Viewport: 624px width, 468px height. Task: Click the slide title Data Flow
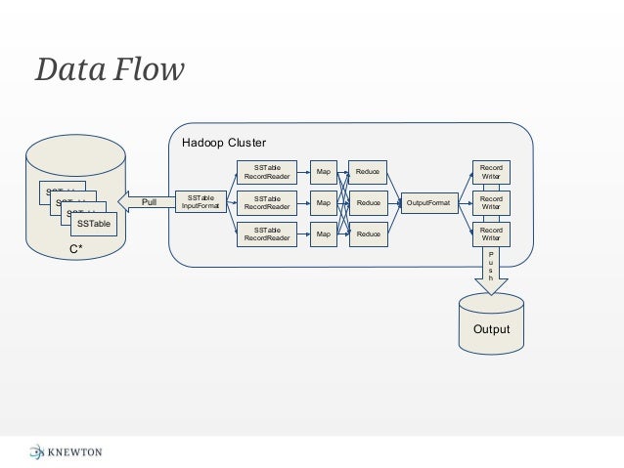[110, 70]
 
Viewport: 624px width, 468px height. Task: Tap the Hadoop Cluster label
[224, 143]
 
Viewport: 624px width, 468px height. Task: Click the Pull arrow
[145, 202]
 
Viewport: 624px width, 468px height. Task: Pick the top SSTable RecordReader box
[267, 172]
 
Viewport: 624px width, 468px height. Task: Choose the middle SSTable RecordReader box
[267, 203]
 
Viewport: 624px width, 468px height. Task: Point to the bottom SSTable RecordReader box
[267, 234]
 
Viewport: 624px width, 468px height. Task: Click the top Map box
[323, 172]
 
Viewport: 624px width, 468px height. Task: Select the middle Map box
[323, 203]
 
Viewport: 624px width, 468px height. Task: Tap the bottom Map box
[323, 234]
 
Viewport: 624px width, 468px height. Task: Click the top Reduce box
[368, 172]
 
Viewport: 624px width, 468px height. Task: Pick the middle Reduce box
[368, 203]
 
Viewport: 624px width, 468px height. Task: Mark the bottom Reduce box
[368, 234]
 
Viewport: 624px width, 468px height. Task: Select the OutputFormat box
[428, 203]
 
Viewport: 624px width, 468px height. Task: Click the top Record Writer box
[491, 172]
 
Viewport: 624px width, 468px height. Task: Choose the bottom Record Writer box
[491, 234]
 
